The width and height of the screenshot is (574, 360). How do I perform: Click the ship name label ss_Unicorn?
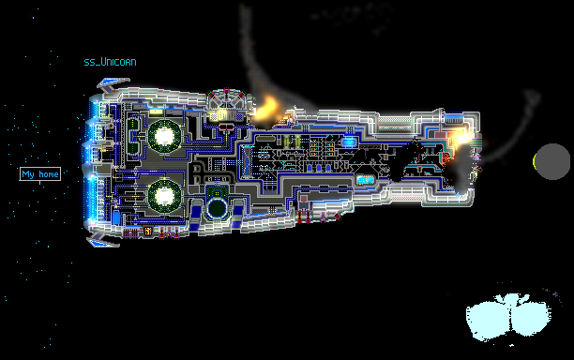pyautogui.click(x=110, y=62)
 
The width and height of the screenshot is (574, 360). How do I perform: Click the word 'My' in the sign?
pyautogui.click(x=28, y=174)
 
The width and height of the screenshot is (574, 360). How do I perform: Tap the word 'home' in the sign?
pyautogui.click(x=49, y=174)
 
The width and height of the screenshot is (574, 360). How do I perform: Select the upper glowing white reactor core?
pyautogui.click(x=164, y=136)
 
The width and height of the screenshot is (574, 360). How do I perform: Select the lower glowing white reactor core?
pyautogui.click(x=164, y=196)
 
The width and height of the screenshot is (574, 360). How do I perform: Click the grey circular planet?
pyautogui.click(x=552, y=161)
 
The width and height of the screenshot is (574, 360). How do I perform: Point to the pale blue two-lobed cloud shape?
pyautogui.click(x=508, y=317)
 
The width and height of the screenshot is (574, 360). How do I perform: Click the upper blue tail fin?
pyautogui.click(x=113, y=84)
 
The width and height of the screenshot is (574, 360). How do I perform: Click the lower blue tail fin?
pyautogui.click(x=102, y=240)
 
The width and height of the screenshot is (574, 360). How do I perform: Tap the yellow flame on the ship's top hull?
pyautogui.click(x=268, y=108)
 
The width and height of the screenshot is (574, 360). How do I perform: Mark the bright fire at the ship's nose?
pyautogui.click(x=462, y=139)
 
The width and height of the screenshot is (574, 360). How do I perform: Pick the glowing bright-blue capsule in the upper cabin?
pyautogui.click(x=348, y=142)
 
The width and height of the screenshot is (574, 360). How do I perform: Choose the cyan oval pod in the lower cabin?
pyautogui.click(x=365, y=179)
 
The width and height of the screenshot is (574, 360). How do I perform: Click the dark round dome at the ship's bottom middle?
pyautogui.click(x=217, y=208)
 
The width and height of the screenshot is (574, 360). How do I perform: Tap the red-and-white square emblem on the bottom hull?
pyautogui.click(x=148, y=232)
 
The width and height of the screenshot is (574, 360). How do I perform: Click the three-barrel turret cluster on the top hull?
pyautogui.click(x=227, y=98)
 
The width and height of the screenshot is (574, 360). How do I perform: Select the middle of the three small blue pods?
pyautogui.click(x=319, y=168)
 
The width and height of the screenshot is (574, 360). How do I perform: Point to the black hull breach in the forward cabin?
pyautogui.click(x=404, y=161)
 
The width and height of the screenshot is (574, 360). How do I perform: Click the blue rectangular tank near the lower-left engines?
pyautogui.click(x=116, y=217)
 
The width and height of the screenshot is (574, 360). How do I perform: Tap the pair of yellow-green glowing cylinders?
pyautogui.click(x=292, y=141)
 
